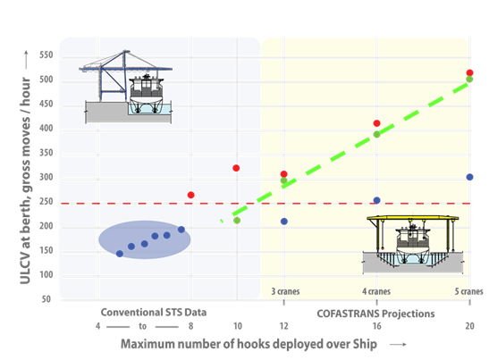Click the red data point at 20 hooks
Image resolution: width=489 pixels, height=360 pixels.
tap(469, 73)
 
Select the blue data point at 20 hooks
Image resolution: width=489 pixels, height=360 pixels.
tap(469, 177)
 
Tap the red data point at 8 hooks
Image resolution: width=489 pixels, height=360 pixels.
tap(190, 195)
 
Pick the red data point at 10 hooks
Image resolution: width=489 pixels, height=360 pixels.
tap(236, 168)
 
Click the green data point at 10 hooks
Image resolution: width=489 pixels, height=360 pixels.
tap(237, 221)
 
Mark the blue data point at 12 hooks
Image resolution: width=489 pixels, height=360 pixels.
tap(284, 222)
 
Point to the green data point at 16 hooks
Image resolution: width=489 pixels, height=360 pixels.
tap(376, 134)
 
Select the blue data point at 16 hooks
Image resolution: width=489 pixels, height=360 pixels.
tap(376, 200)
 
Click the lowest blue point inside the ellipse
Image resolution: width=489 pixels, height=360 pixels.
tap(120, 254)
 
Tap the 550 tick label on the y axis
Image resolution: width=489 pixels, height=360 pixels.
tap(46, 55)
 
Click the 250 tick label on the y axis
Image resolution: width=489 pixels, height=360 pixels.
tap(46, 202)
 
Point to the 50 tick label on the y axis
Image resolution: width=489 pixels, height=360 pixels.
tap(46, 299)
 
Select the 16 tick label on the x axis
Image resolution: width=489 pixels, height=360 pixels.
tap(376, 326)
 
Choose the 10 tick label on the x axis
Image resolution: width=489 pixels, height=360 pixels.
tap(238, 326)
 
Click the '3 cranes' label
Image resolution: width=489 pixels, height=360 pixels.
tap(285, 291)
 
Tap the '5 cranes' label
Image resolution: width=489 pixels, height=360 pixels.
tap(468, 291)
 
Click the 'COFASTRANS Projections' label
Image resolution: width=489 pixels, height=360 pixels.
tap(375, 314)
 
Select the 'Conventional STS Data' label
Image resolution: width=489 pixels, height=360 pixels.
tap(154, 313)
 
